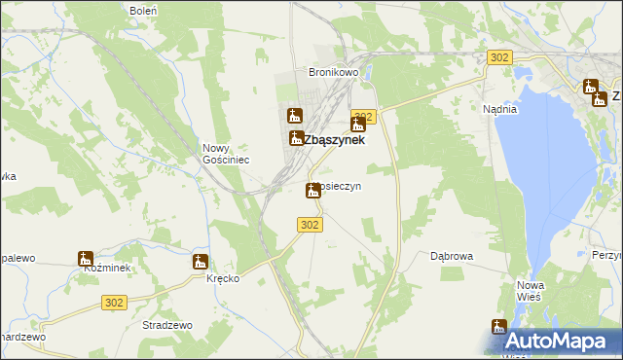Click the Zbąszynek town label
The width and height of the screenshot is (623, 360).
pyautogui.click(x=334, y=139)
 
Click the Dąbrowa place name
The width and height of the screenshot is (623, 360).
pyautogui.click(x=452, y=257)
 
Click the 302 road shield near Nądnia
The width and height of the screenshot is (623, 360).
pyautogui.click(x=499, y=58)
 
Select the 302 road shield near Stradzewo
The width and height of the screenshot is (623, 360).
pyautogui.click(x=113, y=303)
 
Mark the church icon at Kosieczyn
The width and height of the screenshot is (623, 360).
pyautogui.click(x=312, y=190)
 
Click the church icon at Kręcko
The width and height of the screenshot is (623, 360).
pyautogui.click(x=200, y=261)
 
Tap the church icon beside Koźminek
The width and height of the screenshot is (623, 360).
pyautogui.click(x=86, y=259)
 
